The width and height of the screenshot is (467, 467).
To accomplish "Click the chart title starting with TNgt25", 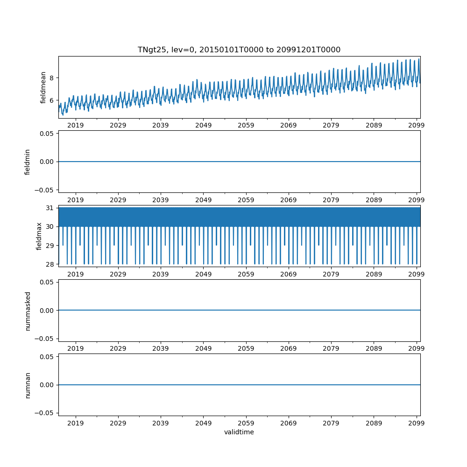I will [239, 50].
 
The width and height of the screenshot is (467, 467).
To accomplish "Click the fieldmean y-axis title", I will [43, 87].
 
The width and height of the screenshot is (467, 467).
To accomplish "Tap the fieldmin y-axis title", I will [28, 162].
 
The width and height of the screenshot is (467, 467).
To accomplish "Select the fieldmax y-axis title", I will [39, 236].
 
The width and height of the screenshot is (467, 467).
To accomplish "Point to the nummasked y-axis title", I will [28, 311].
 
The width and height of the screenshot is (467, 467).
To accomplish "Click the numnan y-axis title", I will [28, 385].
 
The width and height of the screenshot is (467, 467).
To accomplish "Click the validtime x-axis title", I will [239, 432].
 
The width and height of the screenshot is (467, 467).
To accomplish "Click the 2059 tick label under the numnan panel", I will [246, 423].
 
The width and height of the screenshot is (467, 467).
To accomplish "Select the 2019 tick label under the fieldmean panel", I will [76, 125].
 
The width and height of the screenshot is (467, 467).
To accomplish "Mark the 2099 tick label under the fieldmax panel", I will [416, 274].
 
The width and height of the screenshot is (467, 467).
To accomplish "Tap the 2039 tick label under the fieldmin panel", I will [161, 200].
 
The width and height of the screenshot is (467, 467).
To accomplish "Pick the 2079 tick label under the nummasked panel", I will [331, 348].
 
